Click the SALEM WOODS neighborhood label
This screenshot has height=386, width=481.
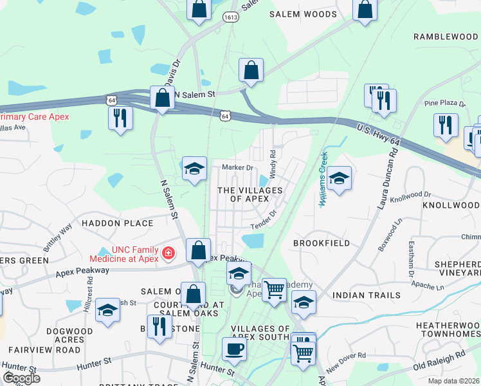click(x=303, y=14)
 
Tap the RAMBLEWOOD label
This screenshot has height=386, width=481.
click(x=445, y=37)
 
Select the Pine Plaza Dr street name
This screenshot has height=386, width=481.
click(x=444, y=103)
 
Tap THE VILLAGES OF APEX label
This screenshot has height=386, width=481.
click(x=250, y=194)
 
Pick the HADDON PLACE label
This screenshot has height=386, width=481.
click(x=118, y=223)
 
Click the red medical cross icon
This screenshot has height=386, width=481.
click(x=168, y=253)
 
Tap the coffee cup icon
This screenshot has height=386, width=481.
click(x=234, y=348)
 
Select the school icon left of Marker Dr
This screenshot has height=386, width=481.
click(x=194, y=169)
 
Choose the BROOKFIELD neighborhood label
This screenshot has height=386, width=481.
click(x=322, y=243)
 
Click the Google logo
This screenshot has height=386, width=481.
click(x=21, y=378)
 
